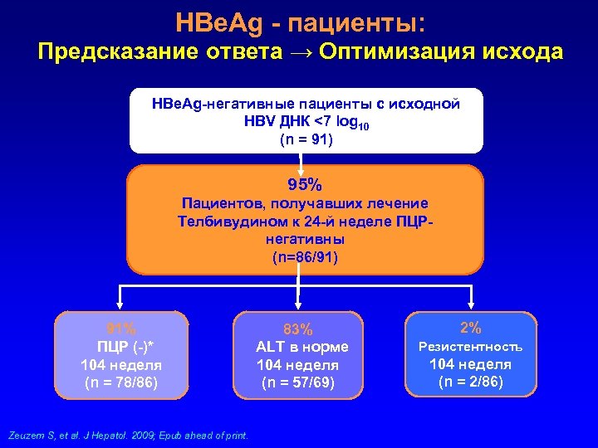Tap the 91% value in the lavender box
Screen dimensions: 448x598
pyautogui.click(x=121, y=328)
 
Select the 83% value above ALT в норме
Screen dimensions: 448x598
pyautogui.click(x=298, y=329)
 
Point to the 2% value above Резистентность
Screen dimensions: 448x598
pyautogui.click(x=471, y=327)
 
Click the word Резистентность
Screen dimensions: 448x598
pyautogui.click(x=471, y=346)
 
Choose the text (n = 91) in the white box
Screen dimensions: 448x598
pyautogui.click(x=305, y=139)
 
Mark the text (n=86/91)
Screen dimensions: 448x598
pyautogui.click(x=305, y=257)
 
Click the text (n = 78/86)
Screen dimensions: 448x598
pyautogui.click(x=121, y=382)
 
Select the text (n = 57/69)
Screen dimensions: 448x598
pyautogui.click(x=298, y=382)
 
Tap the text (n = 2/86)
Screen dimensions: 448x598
pyautogui.click(x=471, y=382)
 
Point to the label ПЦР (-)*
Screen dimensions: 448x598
pyautogui.click(x=121, y=346)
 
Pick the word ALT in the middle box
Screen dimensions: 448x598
pyautogui.click(x=272, y=347)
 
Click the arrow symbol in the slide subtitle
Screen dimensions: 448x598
pyautogui.click(x=299, y=52)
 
